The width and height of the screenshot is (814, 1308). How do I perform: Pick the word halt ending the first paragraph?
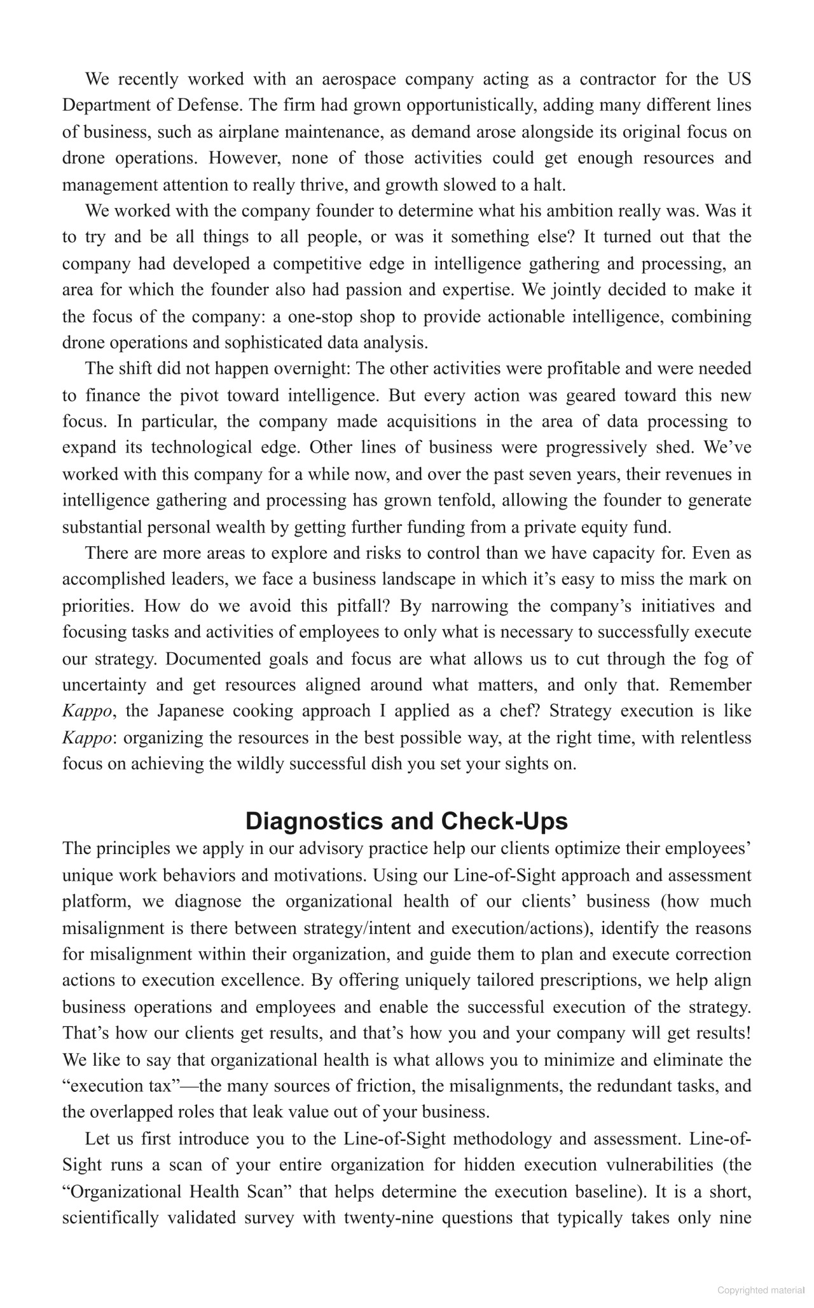coord(549,185)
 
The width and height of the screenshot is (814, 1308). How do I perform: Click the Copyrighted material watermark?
coord(761,1290)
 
